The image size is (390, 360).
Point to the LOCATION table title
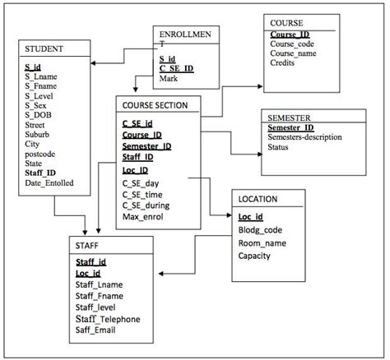tap(258, 199)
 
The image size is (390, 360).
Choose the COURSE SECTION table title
tap(155, 105)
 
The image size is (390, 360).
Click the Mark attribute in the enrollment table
tap(169, 79)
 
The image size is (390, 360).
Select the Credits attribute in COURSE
tap(285, 63)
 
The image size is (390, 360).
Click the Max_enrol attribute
tap(144, 216)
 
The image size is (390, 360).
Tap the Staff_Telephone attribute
tap(107, 319)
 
